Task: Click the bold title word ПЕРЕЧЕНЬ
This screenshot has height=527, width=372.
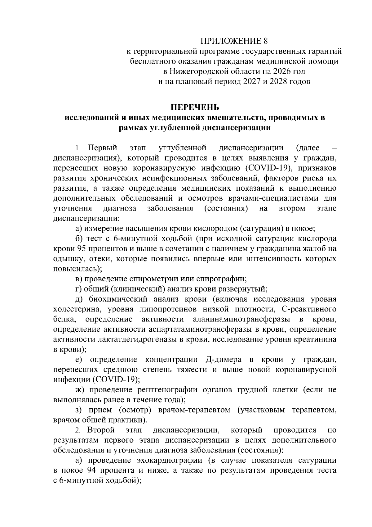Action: pos(196,107)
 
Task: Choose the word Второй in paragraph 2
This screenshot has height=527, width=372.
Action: pos(101,430)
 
